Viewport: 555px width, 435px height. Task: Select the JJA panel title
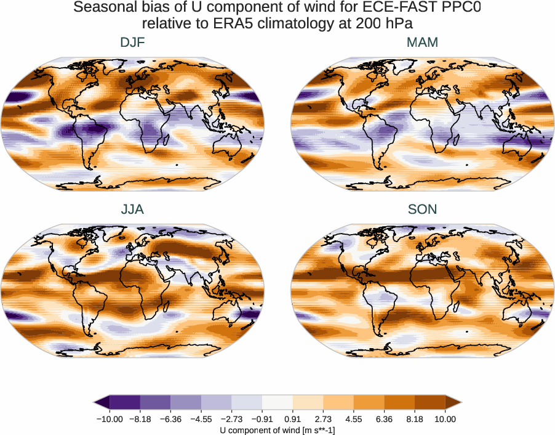coord(133,209)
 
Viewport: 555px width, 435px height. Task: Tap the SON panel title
coord(422,209)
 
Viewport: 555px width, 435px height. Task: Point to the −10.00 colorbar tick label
coord(110,419)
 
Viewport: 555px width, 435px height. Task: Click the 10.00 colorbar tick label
coord(445,419)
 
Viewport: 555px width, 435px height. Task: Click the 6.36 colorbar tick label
coord(384,419)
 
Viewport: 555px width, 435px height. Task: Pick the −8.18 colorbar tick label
coord(140,419)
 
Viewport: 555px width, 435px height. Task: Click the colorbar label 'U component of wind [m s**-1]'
coord(277,429)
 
